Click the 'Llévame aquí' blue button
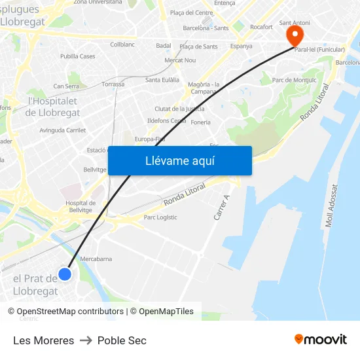179,160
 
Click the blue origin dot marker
65,274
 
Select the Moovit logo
321,339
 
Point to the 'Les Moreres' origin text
43,340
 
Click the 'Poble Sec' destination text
122,340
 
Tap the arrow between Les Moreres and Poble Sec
86,340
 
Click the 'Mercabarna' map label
96,259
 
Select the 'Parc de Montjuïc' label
294,81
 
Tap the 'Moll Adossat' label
333,206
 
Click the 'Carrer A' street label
222,207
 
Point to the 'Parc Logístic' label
160,217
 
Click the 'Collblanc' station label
122,45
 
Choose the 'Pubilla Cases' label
78,56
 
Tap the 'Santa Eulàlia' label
162,80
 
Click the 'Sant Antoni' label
294,23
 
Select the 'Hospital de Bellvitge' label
81,207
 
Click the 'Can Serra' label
66,86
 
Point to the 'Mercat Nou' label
180,60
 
